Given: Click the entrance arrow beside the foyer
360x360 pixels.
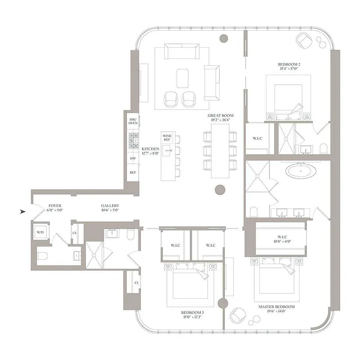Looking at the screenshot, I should pyautogui.click(x=23, y=211).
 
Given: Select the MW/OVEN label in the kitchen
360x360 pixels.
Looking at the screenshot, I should pyautogui.click(x=133, y=121).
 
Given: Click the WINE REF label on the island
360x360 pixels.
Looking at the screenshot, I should pyautogui.click(x=167, y=137).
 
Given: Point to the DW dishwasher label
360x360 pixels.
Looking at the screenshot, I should pyautogui.click(x=133, y=158).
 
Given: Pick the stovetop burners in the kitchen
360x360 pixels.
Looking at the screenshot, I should pyautogui.click(x=134, y=140).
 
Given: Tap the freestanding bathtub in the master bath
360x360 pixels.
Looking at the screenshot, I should pyautogui.click(x=296, y=171).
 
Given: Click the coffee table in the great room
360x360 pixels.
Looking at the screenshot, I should pyautogui.click(x=182, y=78).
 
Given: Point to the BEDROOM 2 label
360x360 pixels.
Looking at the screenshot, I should pyautogui.click(x=289, y=67).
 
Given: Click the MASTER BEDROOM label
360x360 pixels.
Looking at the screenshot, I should pyautogui.click(x=276, y=309).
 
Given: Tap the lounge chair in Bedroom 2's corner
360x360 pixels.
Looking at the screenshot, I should pyautogui.click(x=304, y=40).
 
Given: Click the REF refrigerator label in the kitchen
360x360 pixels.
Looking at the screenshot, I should pyautogui.click(x=133, y=172).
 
